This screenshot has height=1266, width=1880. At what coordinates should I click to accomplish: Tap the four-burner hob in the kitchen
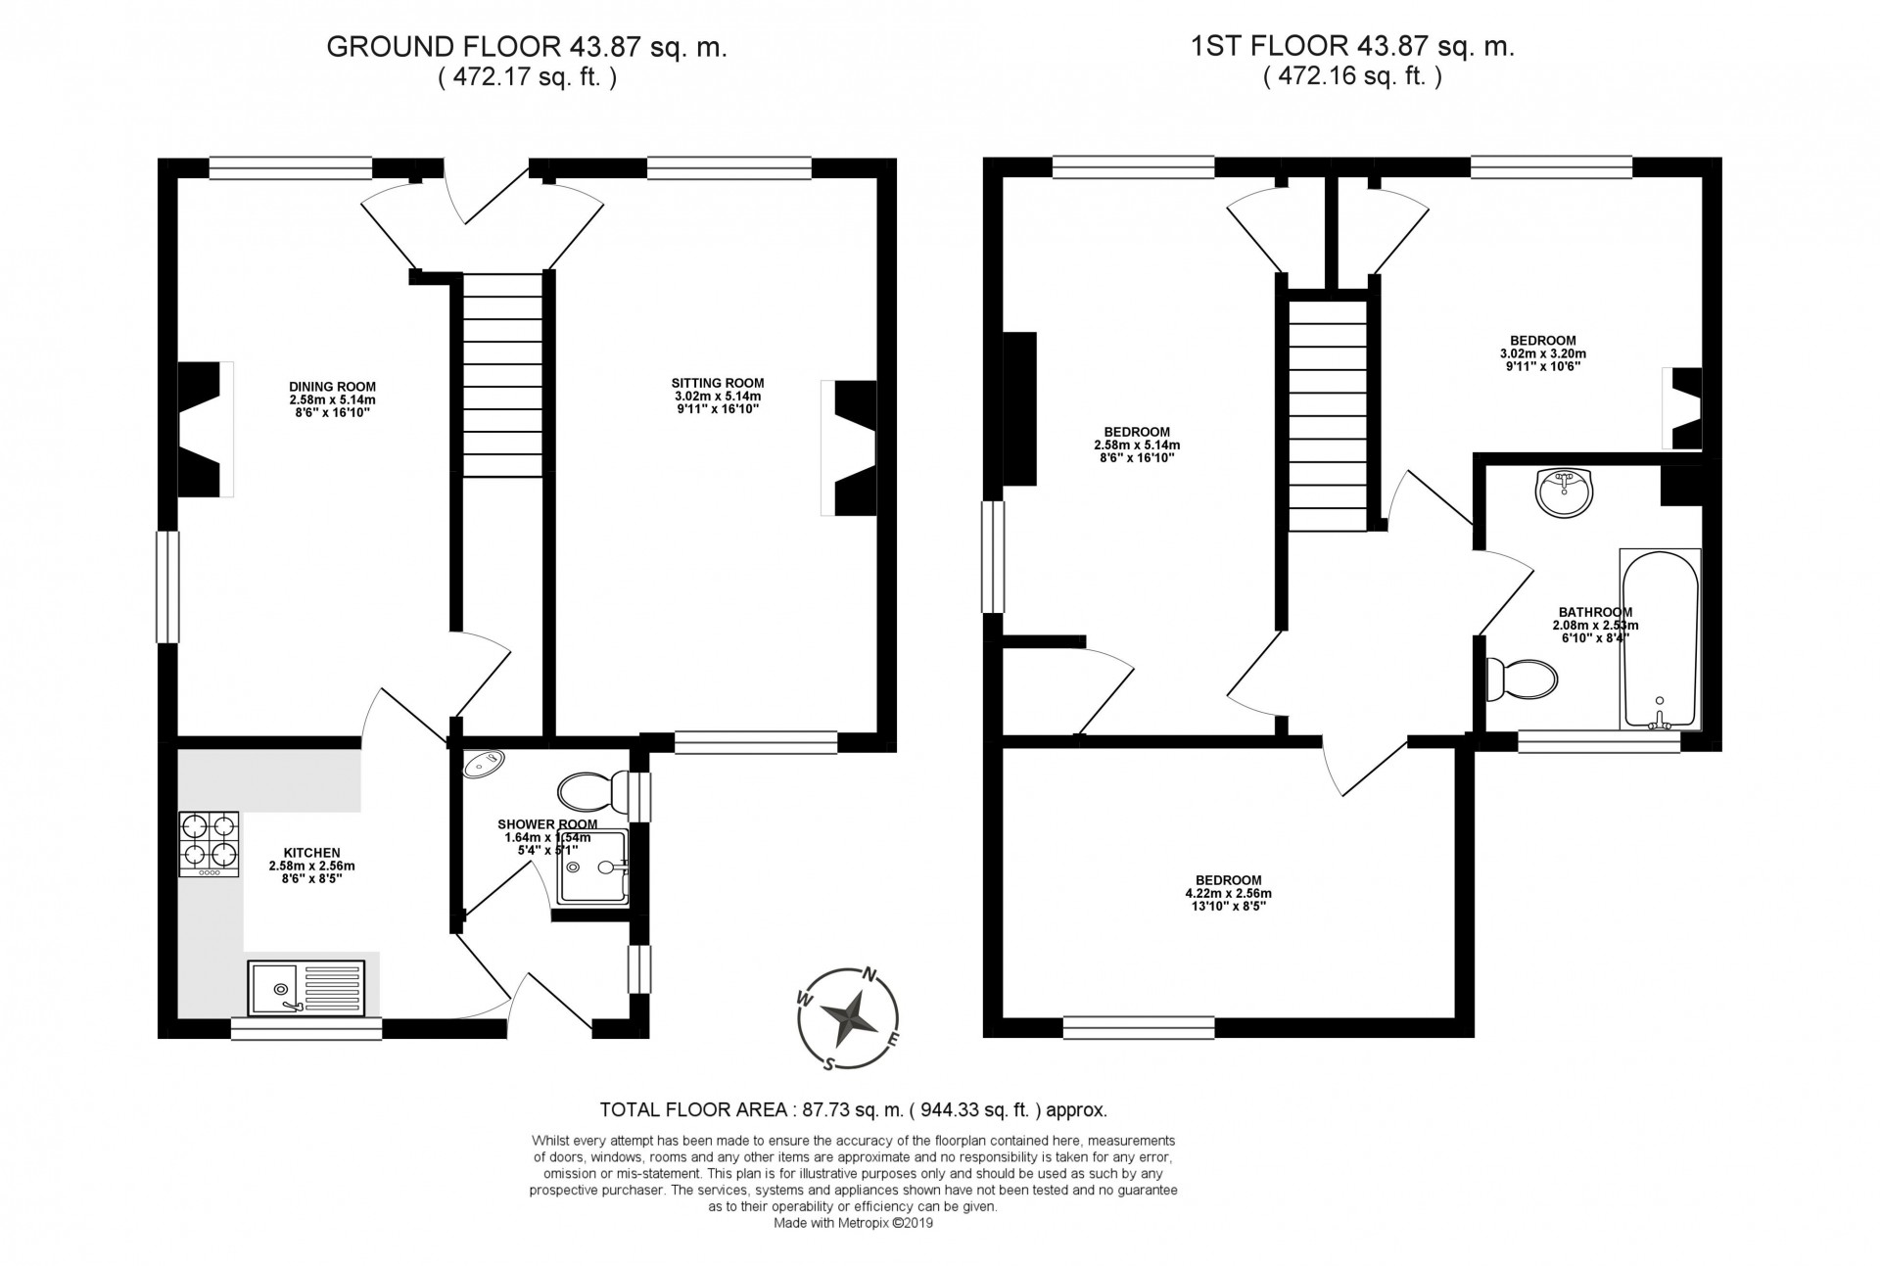(209, 844)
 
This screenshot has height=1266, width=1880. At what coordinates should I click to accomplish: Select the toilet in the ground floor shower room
(593, 789)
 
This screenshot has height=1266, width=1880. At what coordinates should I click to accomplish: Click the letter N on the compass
(868, 974)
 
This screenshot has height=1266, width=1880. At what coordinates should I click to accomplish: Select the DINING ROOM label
(332, 386)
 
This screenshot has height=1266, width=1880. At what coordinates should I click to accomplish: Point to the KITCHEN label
(311, 853)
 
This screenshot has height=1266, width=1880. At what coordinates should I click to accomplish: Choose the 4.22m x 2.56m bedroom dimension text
(1228, 893)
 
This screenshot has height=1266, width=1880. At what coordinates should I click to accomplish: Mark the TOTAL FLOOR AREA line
(853, 1110)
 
